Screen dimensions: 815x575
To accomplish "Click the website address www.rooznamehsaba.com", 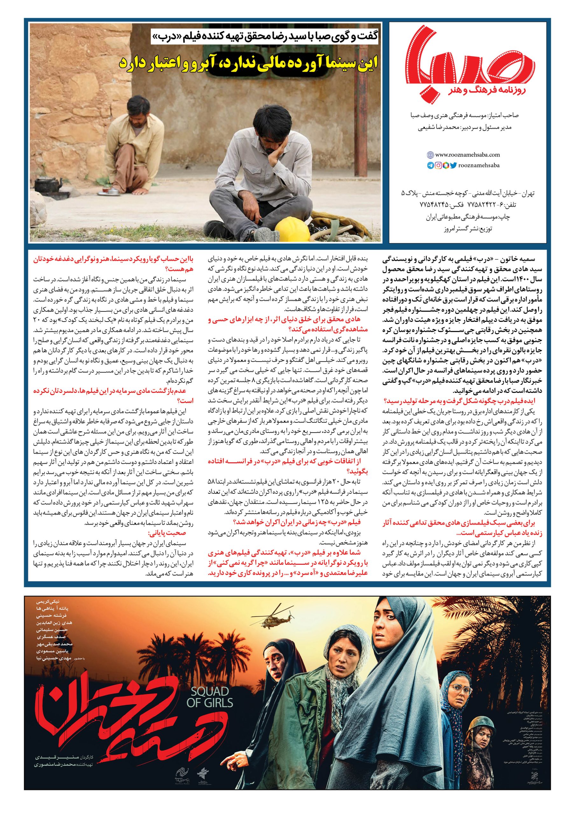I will (x=467, y=154).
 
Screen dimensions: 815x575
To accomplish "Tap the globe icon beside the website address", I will (x=430, y=155).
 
